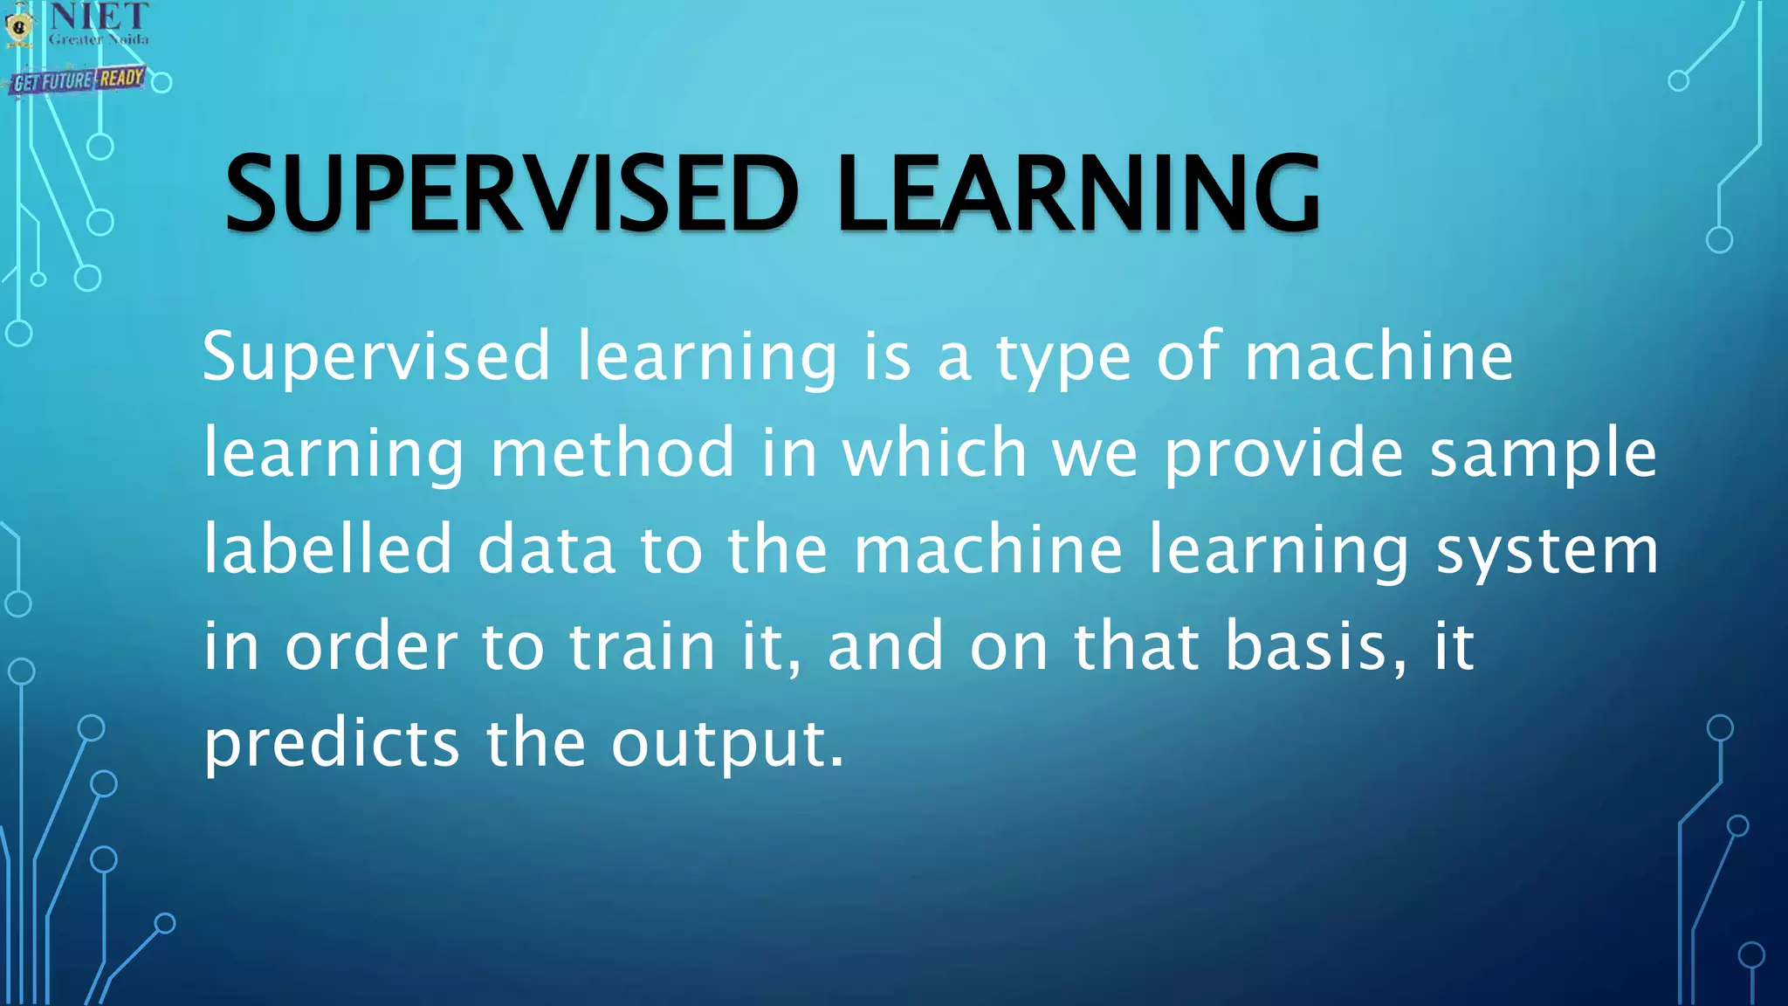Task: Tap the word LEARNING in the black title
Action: pyautogui.click(x=1078, y=194)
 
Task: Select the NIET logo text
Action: pyautogui.click(x=99, y=16)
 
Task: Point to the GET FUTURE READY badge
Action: pyautogui.click(x=79, y=80)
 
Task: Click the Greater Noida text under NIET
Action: pyautogui.click(x=99, y=39)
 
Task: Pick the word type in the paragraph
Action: pyautogui.click(x=1064, y=358)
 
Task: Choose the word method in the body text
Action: pyautogui.click(x=613, y=454)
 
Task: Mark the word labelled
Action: pyautogui.click(x=328, y=550)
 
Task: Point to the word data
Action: pyautogui.click(x=547, y=550)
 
